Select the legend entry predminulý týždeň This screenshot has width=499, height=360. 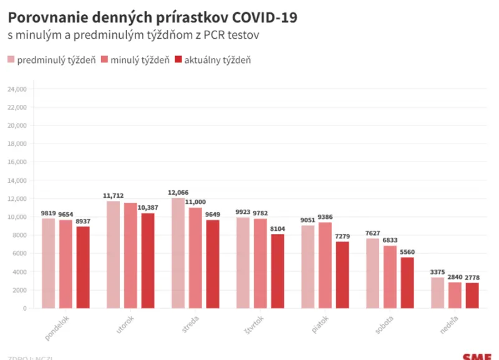click(x=51, y=60)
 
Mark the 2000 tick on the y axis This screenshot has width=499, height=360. click(x=19, y=290)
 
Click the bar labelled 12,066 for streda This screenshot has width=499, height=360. click(x=178, y=253)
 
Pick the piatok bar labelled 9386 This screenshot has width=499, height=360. click(x=325, y=265)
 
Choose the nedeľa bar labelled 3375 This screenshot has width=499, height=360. click(x=437, y=293)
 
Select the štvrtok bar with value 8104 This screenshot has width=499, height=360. click(x=277, y=271)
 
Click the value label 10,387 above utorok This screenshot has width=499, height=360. click(x=147, y=207)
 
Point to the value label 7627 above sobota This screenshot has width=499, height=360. click(x=372, y=232)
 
